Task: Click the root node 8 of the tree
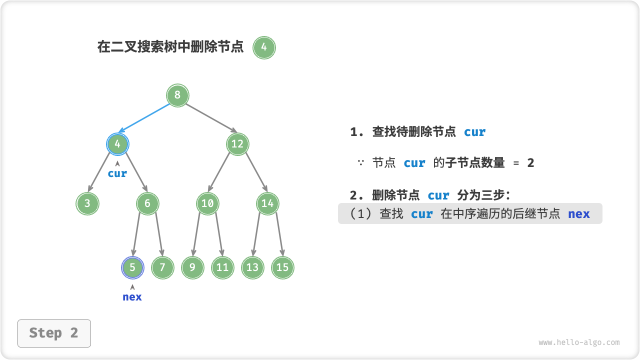pos(177,95)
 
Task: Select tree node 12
pos(237,144)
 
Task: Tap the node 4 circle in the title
pos(264,48)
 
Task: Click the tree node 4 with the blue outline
pos(117,144)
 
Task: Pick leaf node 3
pos(87,203)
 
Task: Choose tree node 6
pos(147,203)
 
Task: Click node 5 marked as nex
pos(132,267)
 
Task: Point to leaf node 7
pos(162,267)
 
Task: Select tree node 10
pos(207,203)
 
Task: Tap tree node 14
pos(267,203)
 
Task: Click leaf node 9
pos(192,267)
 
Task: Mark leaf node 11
pos(222,267)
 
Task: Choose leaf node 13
pos(252,267)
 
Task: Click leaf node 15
pos(282,267)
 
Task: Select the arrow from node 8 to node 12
pos(208,120)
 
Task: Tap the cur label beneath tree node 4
pos(117,173)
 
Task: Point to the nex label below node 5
pos(132,297)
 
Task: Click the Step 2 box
pos(54,333)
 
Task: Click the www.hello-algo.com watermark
pos(579,342)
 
